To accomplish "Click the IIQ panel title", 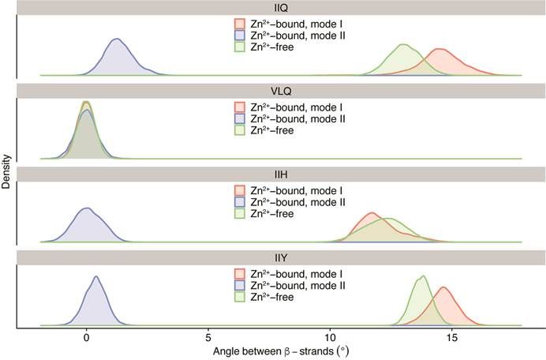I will tap(280, 8).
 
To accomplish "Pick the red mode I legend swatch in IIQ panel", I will tap(240, 24).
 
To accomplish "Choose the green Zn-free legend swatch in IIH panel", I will tap(240, 214).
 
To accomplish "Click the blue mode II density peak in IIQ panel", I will tap(117, 39).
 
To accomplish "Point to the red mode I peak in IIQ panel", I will tap(439, 50).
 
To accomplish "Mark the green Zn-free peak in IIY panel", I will tap(424, 276).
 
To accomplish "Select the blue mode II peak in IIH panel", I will tap(87, 209).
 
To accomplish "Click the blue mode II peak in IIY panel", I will tap(95, 277).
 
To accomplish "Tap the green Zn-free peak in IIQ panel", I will tap(405, 45).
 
